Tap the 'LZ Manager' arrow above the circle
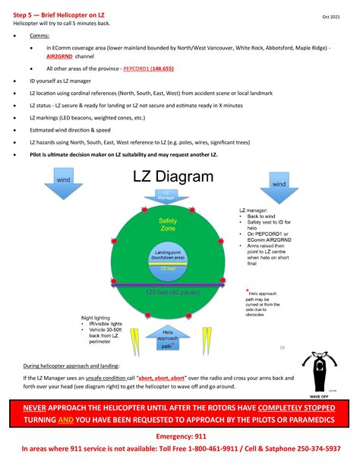click(x=167, y=196)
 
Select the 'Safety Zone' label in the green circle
click(x=167, y=225)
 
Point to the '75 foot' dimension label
click(x=167, y=268)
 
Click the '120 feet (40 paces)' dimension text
click(x=167, y=292)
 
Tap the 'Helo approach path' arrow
click(x=167, y=339)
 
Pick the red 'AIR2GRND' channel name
click(x=62, y=56)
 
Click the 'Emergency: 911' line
click(x=180, y=438)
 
